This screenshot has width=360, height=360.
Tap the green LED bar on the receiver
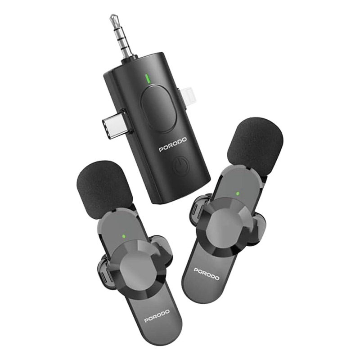click(148, 78)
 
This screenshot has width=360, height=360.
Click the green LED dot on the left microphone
click(124, 236)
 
